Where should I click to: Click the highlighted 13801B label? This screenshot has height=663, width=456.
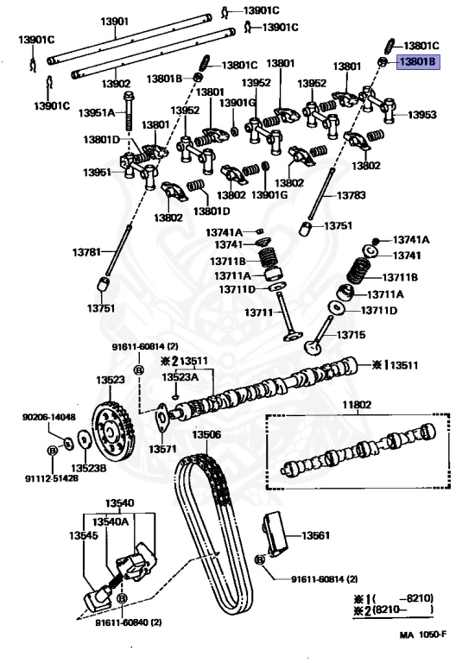[x=417, y=62]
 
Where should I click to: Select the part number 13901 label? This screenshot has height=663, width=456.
[x=114, y=21]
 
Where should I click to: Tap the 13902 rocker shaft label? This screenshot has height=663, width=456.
[x=116, y=84]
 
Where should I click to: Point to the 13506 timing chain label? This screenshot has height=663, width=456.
[x=206, y=434]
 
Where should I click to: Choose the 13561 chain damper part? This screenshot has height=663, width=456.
[x=275, y=534]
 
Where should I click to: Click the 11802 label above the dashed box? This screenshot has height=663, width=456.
[x=357, y=405]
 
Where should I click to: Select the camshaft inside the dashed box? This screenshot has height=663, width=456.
[x=358, y=449]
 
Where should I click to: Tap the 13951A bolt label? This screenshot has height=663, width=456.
[x=97, y=113]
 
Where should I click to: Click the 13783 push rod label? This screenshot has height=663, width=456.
[x=351, y=195]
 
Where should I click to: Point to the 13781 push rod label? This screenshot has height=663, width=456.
[x=86, y=252]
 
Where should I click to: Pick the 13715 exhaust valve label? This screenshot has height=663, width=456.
[x=351, y=335]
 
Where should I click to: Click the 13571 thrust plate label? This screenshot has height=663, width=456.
[x=162, y=449]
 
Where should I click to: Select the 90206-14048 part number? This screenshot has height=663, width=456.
[x=49, y=417]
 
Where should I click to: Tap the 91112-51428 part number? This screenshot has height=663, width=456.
[x=52, y=478]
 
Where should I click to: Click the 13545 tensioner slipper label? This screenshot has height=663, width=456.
[x=83, y=536]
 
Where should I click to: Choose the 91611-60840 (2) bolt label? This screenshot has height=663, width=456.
[x=129, y=622]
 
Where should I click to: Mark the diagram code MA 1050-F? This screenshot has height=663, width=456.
[x=423, y=635]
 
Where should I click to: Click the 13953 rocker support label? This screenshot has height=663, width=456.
[x=422, y=115]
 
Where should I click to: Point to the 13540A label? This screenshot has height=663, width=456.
[x=111, y=521]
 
